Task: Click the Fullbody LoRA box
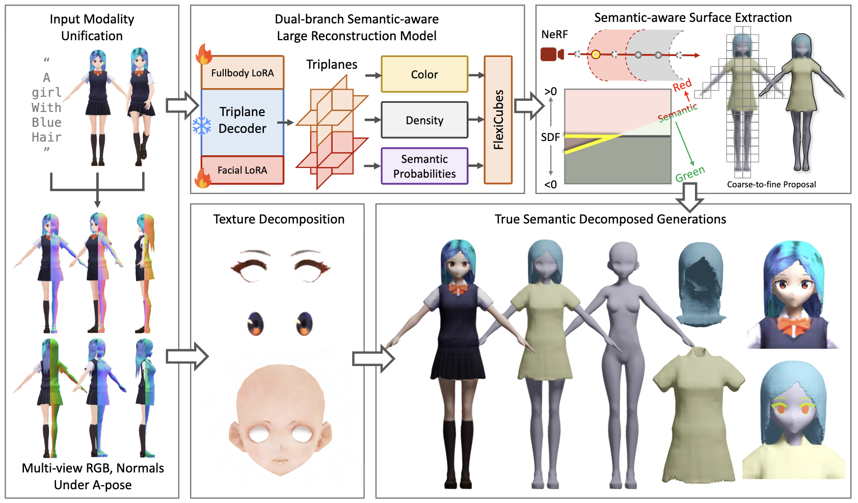[243, 73]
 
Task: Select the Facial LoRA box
[243, 170]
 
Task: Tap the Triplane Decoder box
[243, 121]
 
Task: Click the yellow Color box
[424, 74]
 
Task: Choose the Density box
[424, 120]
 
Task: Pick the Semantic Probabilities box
[424, 166]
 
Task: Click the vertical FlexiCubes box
[498, 120]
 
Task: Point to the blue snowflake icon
[202, 126]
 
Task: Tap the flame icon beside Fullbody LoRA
[204, 53]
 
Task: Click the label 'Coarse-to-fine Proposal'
[771, 184]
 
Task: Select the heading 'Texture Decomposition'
[279, 219]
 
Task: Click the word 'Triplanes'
[332, 65]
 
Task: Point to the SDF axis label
[550, 137]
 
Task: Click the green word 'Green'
[690, 174]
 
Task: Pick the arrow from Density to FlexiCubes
[476, 120]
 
